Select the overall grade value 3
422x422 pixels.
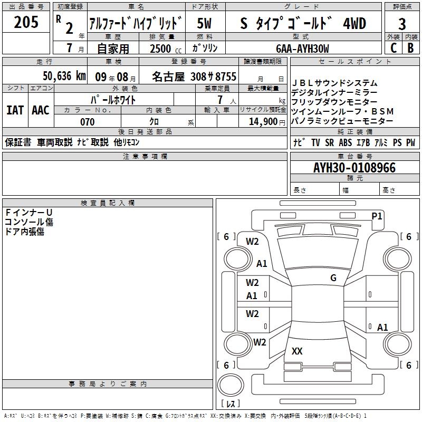pyautogui.click(x=402, y=24)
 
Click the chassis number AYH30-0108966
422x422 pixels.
pyautogui.click(x=354, y=168)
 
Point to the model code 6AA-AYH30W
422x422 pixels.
pyautogui.click(x=303, y=49)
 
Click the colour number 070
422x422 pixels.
pyautogui.click(x=87, y=122)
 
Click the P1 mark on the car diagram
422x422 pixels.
pyautogui.click(x=377, y=216)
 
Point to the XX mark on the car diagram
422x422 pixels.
pyautogui.click(x=297, y=351)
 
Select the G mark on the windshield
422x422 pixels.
pyautogui.click(x=333, y=278)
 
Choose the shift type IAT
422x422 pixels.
pyautogui.click(x=15, y=110)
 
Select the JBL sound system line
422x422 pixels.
pyautogui.click(x=334, y=83)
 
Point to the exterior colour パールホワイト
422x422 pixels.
pyautogui.click(x=113, y=99)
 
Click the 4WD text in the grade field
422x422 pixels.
pyautogui.click(x=354, y=24)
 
